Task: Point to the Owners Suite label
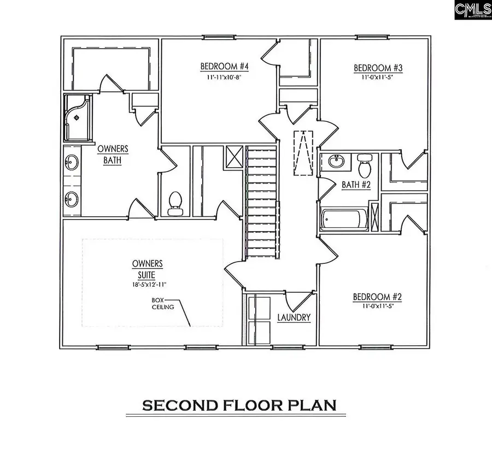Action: point(147,268)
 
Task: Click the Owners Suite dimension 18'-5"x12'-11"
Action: point(147,284)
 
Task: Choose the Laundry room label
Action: point(294,317)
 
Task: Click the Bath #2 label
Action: point(356,185)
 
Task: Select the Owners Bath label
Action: point(113,155)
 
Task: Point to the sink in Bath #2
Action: point(336,162)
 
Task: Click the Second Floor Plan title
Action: point(239,405)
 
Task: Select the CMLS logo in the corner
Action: point(473,10)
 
